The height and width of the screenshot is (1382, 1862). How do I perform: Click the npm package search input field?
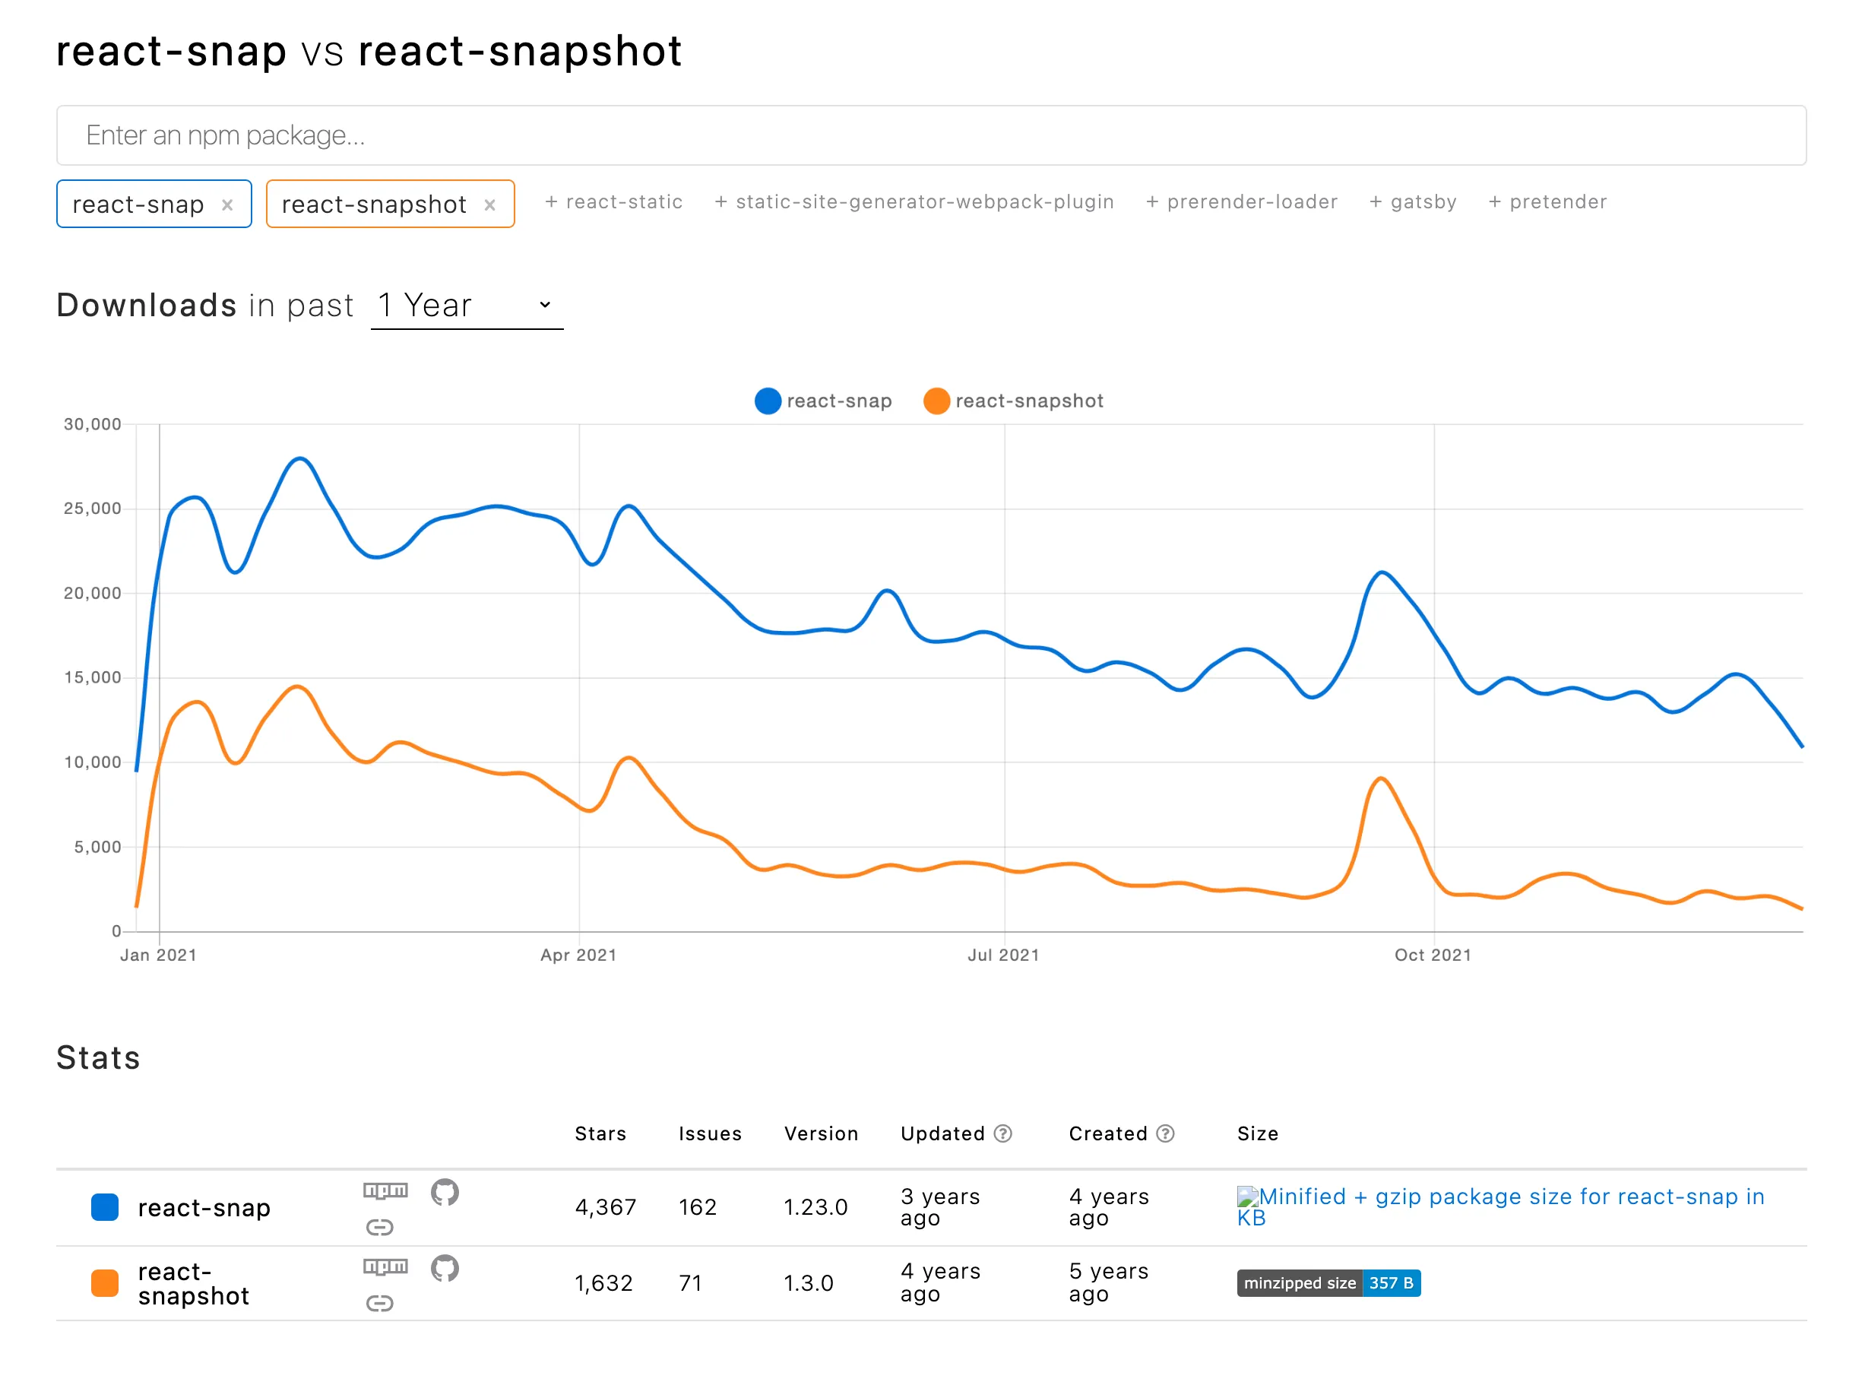click(930, 135)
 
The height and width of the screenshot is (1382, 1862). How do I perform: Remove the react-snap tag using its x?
click(226, 205)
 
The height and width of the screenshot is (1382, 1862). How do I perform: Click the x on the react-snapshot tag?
click(489, 205)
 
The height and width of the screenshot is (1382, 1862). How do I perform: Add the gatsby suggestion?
click(1413, 201)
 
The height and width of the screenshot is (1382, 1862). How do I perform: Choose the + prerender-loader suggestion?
click(1241, 201)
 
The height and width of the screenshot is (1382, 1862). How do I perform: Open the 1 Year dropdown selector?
click(466, 306)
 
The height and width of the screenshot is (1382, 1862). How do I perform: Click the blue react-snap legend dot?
click(767, 401)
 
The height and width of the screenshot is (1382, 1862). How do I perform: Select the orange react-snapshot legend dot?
click(936, 401)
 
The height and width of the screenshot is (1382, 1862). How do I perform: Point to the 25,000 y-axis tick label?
click(92, 509)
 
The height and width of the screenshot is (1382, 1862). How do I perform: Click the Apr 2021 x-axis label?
click(578, 956)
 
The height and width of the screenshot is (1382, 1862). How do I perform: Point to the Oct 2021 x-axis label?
click(1432, 956)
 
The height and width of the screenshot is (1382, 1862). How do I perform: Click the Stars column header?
click(600, 1133)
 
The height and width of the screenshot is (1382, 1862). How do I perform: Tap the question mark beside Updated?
click(1003, 1133)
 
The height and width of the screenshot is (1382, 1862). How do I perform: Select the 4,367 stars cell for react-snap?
click(605, 1207)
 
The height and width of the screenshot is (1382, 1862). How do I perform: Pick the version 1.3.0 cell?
click(808, 1283)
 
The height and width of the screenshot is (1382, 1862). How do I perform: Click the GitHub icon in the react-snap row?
click(444, 1192)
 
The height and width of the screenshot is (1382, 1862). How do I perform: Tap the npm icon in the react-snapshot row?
click(385, 1266)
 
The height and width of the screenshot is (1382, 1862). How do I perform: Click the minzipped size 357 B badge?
click(1328, 1283)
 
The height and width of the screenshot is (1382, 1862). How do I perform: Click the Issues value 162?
click(697, 1207)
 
